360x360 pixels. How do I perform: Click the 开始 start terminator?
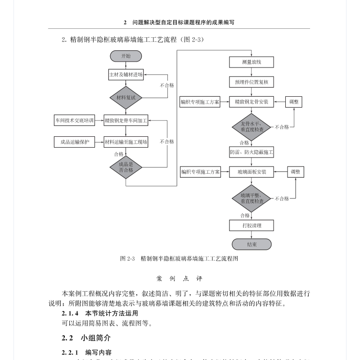click(126, 56)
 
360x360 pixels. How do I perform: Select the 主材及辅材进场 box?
click(126, 75)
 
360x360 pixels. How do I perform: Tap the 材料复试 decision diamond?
click(126, 97)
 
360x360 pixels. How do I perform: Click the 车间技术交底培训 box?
click(74, 120)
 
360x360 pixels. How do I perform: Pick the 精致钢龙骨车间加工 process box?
click(126, 120)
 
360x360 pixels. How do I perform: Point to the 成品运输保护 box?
click(74, 142)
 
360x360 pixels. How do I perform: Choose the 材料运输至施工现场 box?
click(126, 142)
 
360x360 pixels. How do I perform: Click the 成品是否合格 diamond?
click(126, 167)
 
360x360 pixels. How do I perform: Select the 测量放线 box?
click(251, 62)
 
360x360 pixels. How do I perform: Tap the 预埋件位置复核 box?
click(251, 82)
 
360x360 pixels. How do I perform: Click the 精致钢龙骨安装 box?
click(251, 102)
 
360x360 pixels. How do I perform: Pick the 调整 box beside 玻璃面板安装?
click(295, 172)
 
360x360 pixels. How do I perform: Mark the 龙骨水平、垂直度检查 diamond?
click(251, 126)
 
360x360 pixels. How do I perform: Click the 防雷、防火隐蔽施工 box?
click(251, 153)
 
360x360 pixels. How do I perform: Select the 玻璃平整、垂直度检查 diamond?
click(251, 198)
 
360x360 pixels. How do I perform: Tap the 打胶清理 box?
click(251, 225)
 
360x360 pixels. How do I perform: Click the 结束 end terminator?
click(251, 244)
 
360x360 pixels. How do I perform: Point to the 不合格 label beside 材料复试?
click(166, 85)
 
